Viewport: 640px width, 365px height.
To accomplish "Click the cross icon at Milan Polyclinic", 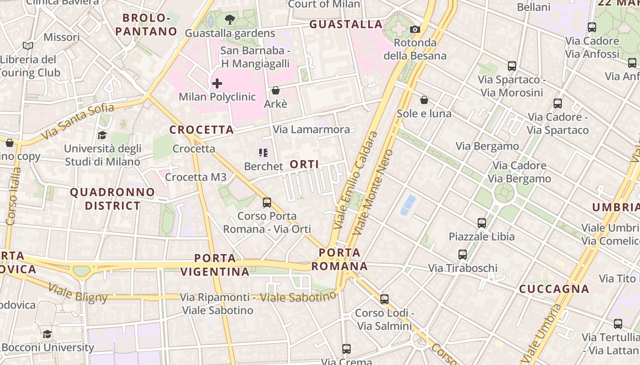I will click(x=217, y=83).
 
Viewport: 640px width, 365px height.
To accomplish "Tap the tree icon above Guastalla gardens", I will click(x=230, y=20).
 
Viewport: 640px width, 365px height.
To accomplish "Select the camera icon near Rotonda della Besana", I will click(x=415, y=29).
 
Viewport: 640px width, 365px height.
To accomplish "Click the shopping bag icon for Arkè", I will click(x=276, y=90).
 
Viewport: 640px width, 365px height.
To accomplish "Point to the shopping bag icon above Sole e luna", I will click(x=424, y=100).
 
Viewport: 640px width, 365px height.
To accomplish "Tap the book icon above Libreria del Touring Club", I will click(x=28, y=46).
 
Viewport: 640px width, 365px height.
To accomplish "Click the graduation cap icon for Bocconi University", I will click(x=47, y=334).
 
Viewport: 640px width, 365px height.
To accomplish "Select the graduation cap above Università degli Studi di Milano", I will click(x=102, y=135).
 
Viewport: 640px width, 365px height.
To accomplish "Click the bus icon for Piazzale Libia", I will click(x=482, y=223).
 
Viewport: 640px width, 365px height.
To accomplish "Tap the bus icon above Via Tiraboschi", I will click(x=463, y=255).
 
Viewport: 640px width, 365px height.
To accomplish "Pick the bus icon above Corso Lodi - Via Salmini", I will click(x=384, y=299).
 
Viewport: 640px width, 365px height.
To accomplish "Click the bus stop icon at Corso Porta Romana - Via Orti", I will click(x=267, y=202).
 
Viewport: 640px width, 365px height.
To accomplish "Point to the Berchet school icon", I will click(x=263, y=153).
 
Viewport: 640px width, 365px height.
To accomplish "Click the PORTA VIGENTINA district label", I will click(x=215, y=265).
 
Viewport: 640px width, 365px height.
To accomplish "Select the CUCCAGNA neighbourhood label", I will click(x=554, y=289).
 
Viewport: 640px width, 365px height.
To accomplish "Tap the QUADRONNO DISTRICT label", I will click(x=112, y=199).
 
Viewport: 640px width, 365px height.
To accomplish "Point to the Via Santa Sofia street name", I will click(x=78, y=121).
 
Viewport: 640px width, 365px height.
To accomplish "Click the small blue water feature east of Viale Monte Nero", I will click(x=408, y=204).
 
